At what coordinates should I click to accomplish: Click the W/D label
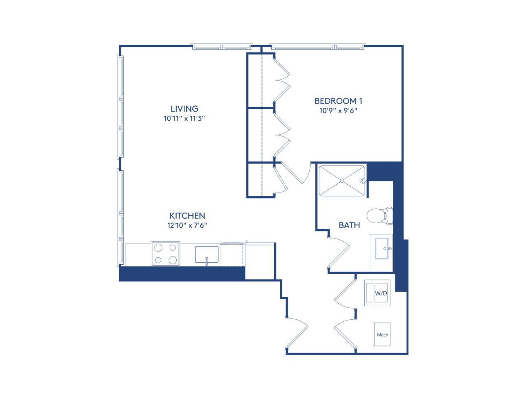click(x=381, y=293)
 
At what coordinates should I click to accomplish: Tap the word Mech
click(x=382, y=335)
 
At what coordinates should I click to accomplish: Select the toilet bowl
click(x=376, y=216)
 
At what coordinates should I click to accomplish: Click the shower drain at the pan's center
click(x=342, y=181)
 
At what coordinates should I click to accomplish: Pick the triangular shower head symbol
click(x=364, y=181)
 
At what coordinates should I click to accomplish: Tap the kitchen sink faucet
click(x=207, y=261)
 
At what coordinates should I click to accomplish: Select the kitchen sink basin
click(x=206, y=254)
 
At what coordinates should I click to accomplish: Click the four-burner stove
click(x=166, y=254)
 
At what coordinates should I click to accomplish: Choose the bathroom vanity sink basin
click(x=381, y=249)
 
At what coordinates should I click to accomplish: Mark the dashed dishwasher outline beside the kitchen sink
click(x=232, y=255)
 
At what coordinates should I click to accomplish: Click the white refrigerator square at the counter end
click(x=260, y=261)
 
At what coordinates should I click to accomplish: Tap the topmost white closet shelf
click(x=255, y=80)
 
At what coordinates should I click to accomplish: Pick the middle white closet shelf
click(x=255, y=135)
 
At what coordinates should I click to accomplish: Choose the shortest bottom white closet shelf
click(x=255, y=180)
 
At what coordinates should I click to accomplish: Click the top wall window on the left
click(x=221, y=47)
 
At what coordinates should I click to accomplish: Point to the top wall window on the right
click(x=317, y=47)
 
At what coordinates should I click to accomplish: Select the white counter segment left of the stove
click(x=138, y=255)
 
